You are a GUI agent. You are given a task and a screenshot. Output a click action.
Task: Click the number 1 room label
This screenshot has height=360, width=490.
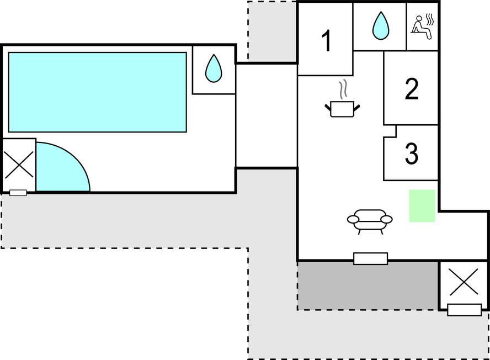point(326,41)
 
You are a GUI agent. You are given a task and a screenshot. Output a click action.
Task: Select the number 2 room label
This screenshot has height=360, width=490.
point(411,89)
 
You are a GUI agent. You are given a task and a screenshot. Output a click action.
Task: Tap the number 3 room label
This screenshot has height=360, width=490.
point(411,153)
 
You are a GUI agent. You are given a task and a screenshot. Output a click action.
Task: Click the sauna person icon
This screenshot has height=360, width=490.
point(422,27)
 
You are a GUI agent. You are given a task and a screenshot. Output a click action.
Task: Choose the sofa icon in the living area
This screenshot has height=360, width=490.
point(370,221)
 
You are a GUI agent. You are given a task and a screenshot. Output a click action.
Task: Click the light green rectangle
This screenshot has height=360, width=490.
point(422,206)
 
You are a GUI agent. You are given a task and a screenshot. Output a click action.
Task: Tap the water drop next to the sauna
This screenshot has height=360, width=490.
point(381,25)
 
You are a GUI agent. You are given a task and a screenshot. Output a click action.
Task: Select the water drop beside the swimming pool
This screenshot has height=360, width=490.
point(214,68)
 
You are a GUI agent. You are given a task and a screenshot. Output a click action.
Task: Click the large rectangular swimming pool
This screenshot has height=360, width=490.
point(98,92)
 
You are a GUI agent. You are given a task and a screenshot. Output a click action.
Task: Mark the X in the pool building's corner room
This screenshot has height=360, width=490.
point(19,165)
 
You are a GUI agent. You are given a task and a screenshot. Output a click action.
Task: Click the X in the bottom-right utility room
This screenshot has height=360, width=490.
point(464,282)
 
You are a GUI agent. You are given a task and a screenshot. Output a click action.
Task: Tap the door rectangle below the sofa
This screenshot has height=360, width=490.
point(371,258)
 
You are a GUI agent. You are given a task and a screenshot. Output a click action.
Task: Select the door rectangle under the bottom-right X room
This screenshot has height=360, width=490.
point(464,310)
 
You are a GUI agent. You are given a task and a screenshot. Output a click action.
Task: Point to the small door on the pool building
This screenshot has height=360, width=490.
point(18,193)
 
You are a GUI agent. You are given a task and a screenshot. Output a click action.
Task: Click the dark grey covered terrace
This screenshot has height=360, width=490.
point(368,286)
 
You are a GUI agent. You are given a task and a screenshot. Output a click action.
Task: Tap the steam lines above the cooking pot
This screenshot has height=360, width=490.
point(343,89)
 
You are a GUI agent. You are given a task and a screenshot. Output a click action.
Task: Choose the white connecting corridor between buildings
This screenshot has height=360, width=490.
point(267,115)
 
